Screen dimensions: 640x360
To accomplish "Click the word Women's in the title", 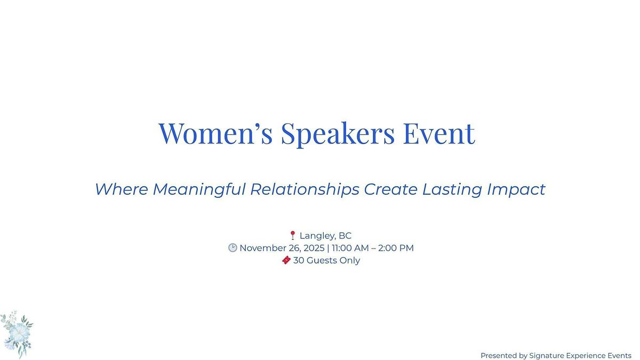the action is point(215,133).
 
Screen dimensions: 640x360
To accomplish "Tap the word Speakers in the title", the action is point(338,134).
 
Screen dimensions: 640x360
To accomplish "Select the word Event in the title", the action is point(439,133).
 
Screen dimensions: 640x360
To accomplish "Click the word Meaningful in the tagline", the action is point(199,189).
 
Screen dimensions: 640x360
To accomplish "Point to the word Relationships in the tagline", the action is point(305,189).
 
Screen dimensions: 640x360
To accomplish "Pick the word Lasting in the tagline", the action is point(452,189).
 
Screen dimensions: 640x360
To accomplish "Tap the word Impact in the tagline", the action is point(516,189).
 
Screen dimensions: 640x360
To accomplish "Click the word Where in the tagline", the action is point(122,189).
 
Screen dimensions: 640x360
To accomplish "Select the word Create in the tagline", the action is point(390,189).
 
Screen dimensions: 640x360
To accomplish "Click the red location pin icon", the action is point(293,235).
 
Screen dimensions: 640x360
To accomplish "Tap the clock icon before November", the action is point(233,247).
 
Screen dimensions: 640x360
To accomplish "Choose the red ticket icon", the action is point(286,260).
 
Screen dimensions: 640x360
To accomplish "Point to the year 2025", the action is point(314,248).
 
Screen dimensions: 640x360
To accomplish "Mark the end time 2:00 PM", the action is point(396,248).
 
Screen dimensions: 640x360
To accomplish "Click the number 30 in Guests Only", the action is point(299,260).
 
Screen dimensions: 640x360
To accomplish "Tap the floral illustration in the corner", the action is point(17,334).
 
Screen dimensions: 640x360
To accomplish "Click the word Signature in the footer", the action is point(546,355).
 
